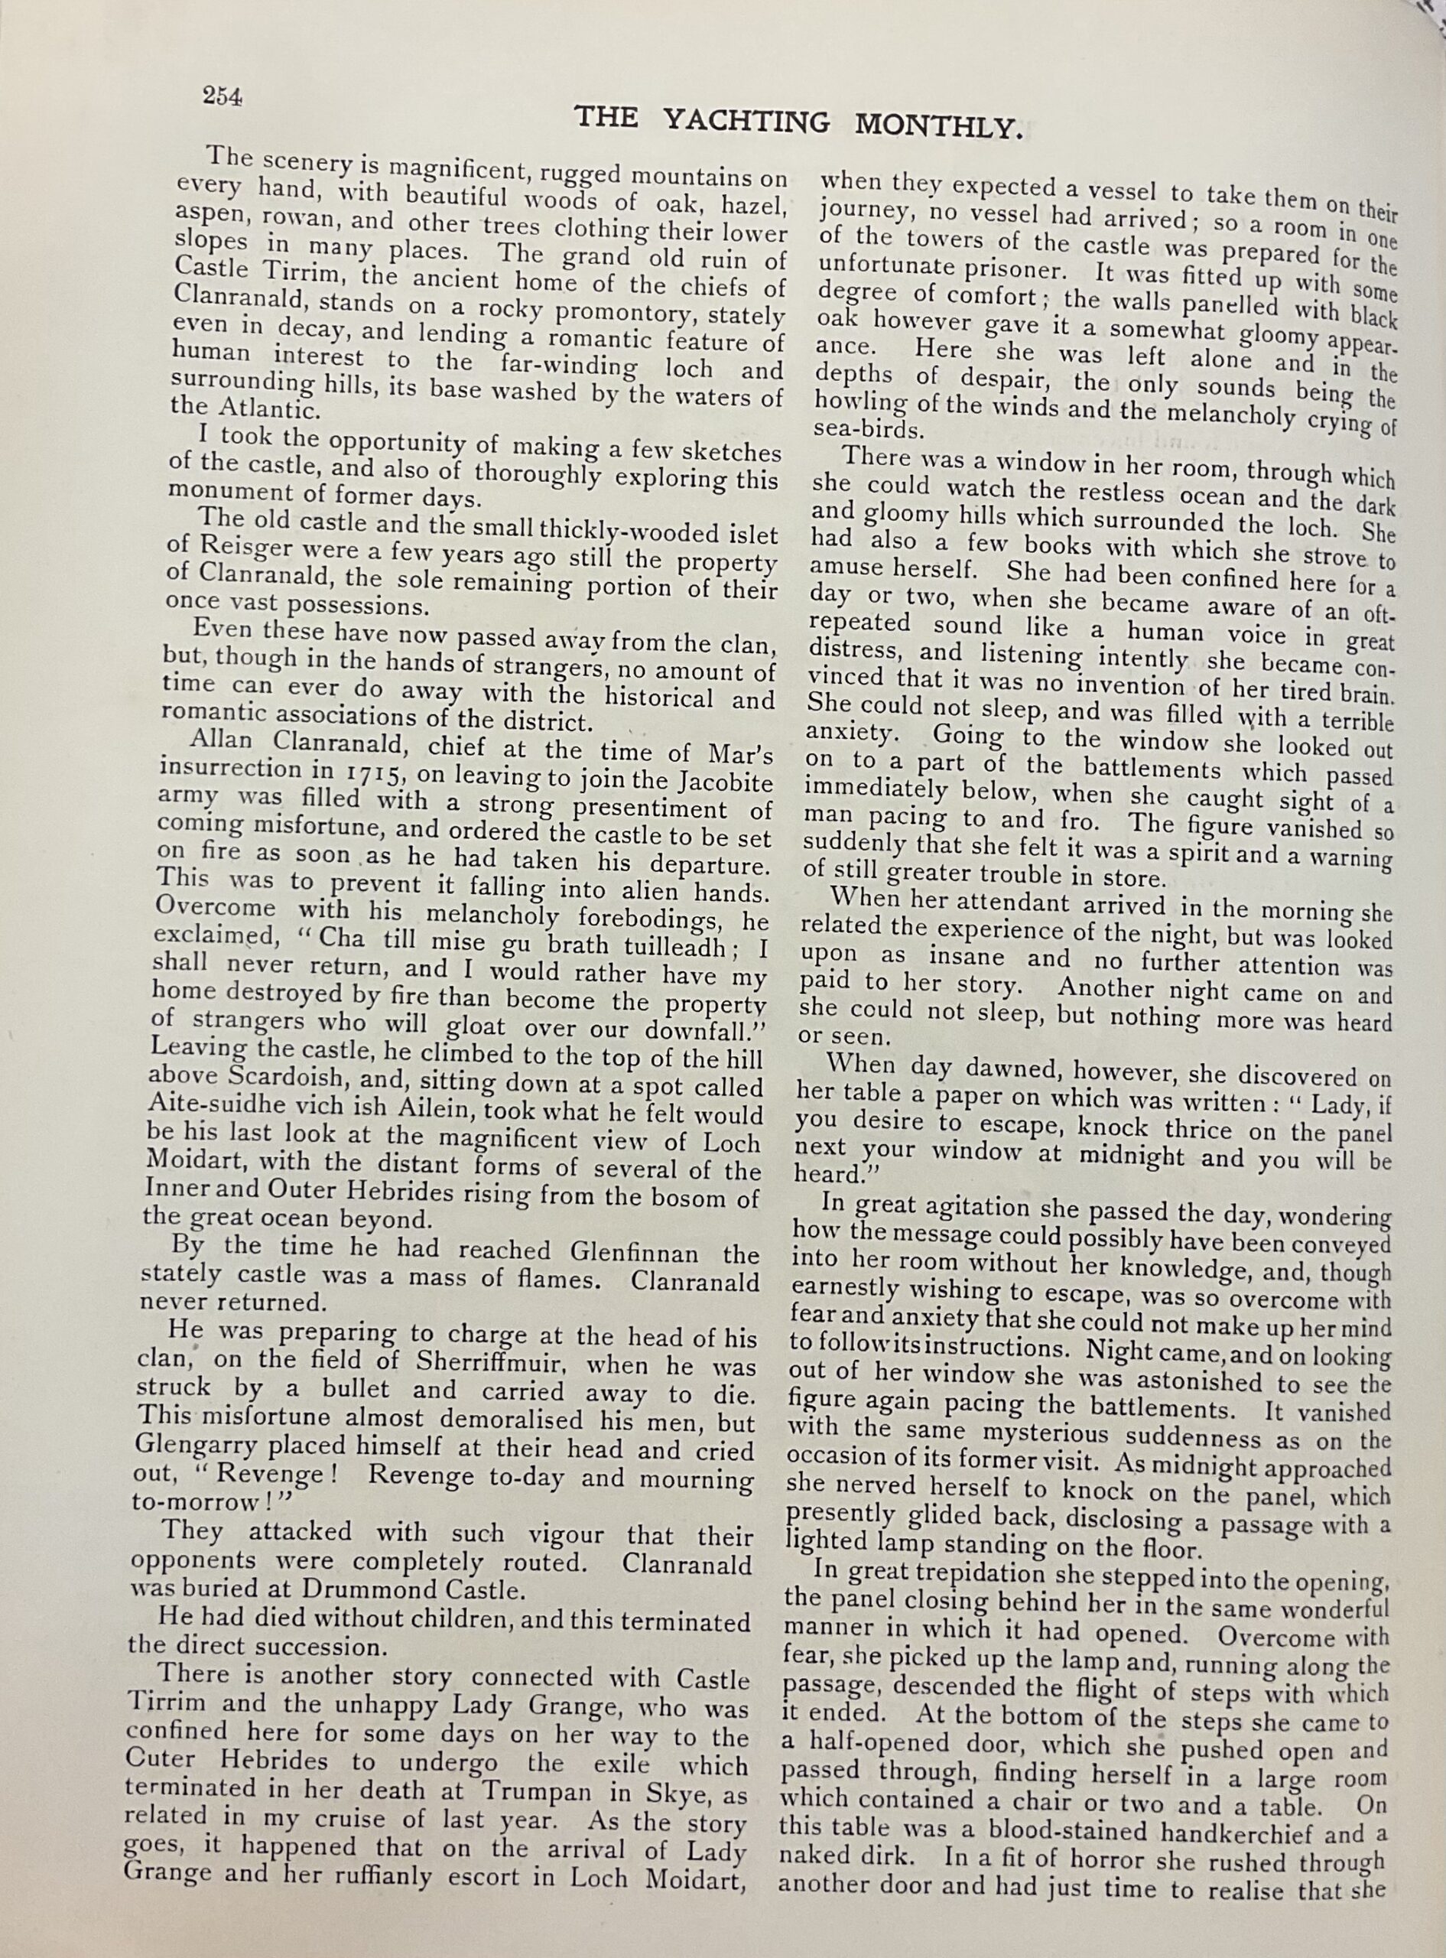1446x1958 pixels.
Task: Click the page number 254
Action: click(222, 96)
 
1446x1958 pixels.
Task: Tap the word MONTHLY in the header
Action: click(938, 127)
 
